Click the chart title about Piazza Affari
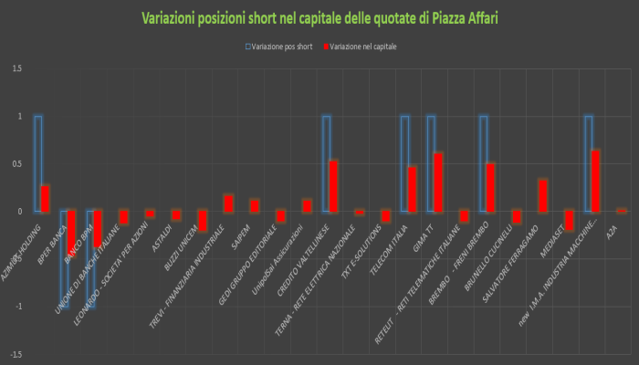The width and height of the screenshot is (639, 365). point(319,18)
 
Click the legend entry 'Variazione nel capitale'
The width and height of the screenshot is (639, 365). point(363,45)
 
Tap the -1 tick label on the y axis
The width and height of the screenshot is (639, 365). point(18,307)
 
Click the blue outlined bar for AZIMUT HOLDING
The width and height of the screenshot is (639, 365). point(37,164)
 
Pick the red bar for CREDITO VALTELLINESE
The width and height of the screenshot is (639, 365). point(333,186)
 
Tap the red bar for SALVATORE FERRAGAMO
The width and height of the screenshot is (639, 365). point(543,195)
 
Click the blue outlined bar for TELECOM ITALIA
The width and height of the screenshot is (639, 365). point(404,164)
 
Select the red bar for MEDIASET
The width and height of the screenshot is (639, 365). point(570,220)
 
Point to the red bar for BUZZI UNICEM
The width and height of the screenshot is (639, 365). point(203,220)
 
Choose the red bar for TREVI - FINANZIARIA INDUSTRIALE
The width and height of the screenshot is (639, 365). point(228,203)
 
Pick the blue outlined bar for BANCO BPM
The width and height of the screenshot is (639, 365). point(90,260)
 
